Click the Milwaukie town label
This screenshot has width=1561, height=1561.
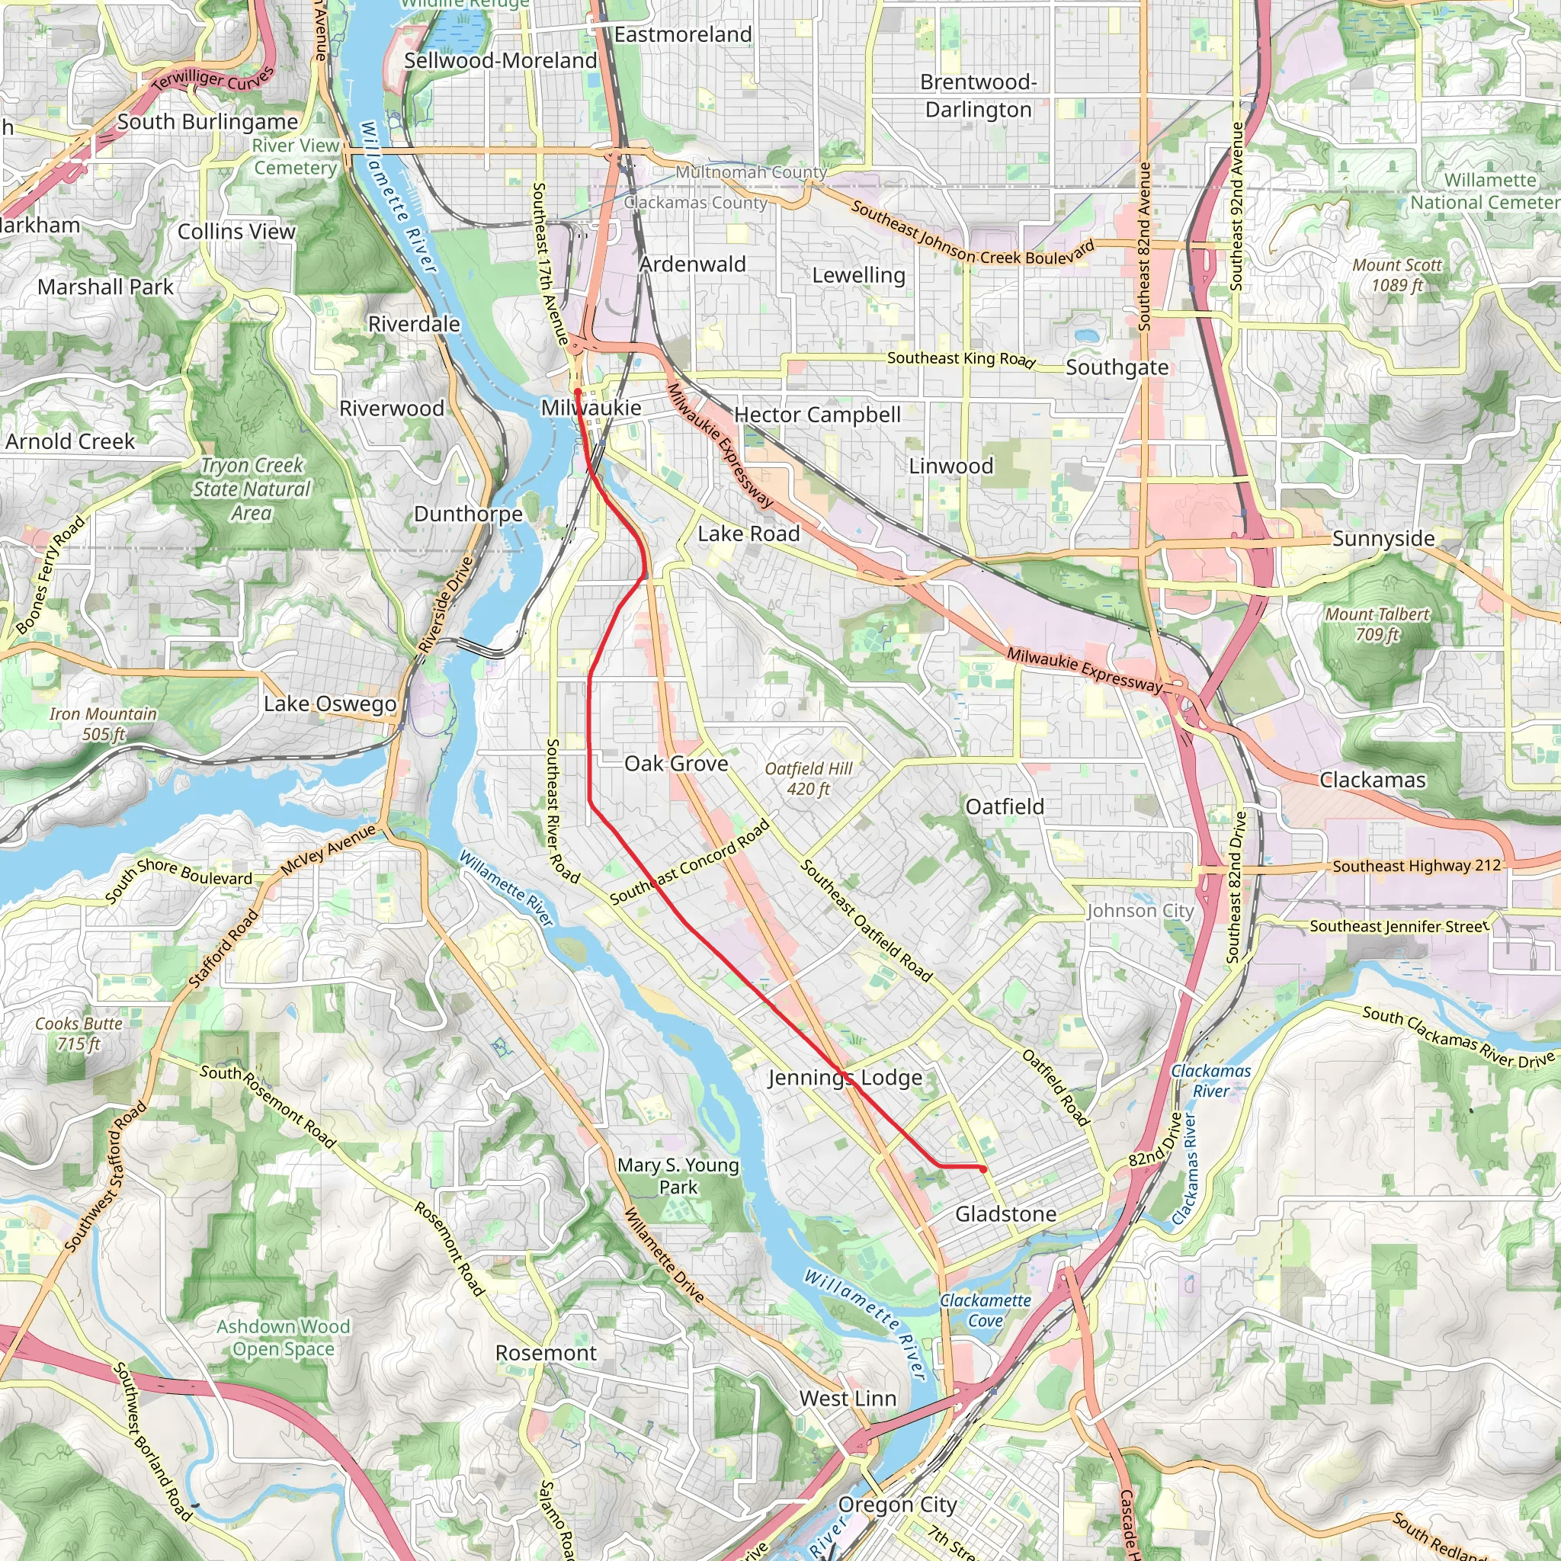click(591, 408)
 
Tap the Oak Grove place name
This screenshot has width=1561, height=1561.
click(676, 764)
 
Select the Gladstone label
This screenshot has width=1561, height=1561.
click(1005, 1213)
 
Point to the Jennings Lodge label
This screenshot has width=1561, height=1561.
click(845, 1078)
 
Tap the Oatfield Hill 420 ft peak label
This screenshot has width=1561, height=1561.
click(808, 778)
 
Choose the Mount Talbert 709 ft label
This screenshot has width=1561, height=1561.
click(1377, 623)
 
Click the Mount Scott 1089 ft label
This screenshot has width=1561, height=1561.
click(1397, 274)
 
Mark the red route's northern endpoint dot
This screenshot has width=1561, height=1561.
click(578, 392)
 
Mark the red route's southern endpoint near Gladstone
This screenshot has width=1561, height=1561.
click(982, 1169)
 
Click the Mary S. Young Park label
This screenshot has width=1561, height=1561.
click(678, 1175)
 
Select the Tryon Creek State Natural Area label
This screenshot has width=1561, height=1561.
click(252, 489)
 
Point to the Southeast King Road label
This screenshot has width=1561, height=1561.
click(960, 358)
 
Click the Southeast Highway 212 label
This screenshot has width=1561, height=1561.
click(1416, 866)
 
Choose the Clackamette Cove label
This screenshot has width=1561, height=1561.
click(985, 1310)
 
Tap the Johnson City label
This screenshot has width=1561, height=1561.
click(1140, 911)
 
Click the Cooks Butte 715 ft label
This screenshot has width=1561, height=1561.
click(79, 1034)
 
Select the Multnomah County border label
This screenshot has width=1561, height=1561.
click(751, 172)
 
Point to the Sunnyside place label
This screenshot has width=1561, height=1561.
click(1383, 539)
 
